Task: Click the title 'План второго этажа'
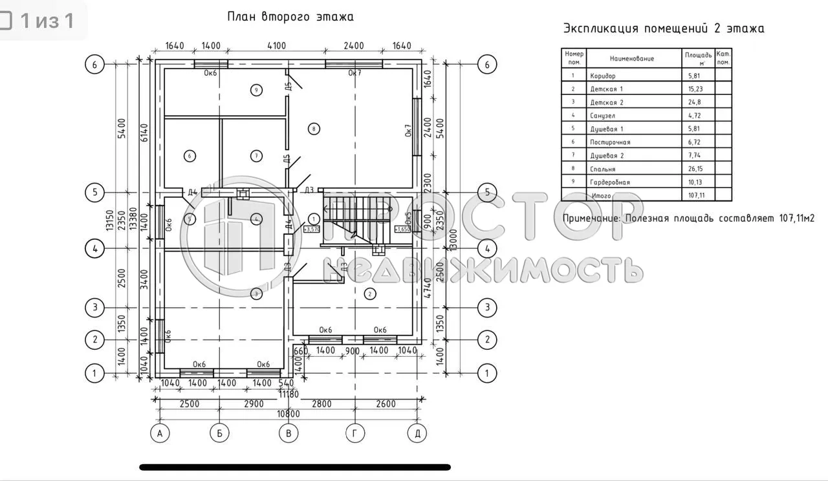click(x=290, y=17)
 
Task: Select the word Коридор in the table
click(x=602, y=76)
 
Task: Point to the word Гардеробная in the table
click(x=609, y=182)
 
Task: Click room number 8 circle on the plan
click(x=314, y=129)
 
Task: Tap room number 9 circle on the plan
click(x=257, y=90)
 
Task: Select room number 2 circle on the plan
click(x=370, y=294)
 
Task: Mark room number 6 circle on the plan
click(x=190, y=156)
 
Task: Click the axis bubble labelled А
click(x=159, y=434)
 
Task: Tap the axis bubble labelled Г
click(x=354, y=434)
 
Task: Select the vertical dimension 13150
click(x=111, y=222)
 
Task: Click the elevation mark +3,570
click(x=312, y=229)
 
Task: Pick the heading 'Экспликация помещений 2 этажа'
click(x=664, y=28)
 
